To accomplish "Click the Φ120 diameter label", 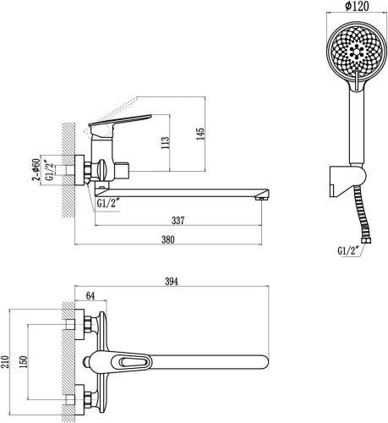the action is [357, 6].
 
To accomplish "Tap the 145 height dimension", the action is [200, 135].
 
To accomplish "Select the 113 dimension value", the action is [166, 143].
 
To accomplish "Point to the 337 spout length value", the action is [178, 220].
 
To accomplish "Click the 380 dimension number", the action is [168, 239].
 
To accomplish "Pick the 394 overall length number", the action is [172, 281].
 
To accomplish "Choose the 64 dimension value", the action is [90, 296].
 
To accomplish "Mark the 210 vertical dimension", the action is [6, 362].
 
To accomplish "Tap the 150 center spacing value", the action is [24, 362].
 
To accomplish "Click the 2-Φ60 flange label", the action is [36, 169].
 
